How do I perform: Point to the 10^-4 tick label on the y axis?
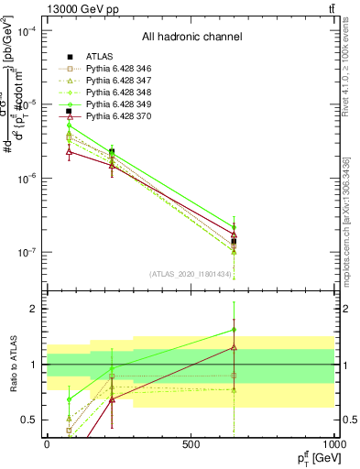[27, 31]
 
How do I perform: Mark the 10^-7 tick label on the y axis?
[27, 252]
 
